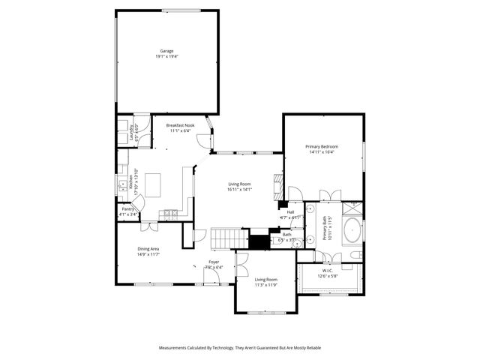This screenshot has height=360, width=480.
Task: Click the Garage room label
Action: coord(166,51)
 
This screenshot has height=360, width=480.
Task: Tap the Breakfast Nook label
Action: coord(180,125)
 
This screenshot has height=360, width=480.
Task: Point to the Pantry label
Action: coord(127,209)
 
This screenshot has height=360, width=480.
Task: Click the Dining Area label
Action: coord(148,249)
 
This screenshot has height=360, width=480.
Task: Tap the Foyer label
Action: coord(214,262)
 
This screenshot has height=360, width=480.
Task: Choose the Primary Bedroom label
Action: coord(322,146)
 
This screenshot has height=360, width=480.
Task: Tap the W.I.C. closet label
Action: coord(328,271)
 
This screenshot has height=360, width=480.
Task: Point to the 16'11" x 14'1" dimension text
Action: coord(240,189)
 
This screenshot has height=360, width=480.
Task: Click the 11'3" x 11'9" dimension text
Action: coord(266,285)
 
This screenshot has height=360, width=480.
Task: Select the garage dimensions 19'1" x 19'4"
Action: coord(166,56)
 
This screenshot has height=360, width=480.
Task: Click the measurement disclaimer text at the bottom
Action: coord(240,348)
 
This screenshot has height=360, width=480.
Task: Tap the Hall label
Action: coord(289,212)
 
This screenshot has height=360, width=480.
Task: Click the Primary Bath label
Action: coord(326,228)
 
